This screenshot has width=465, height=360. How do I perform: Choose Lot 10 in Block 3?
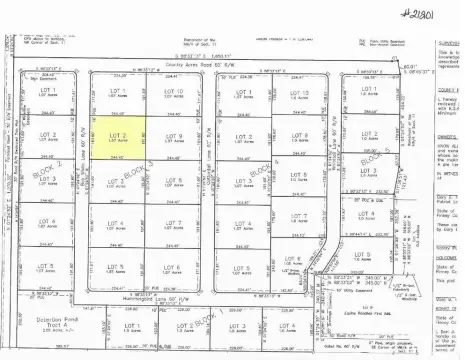click(x=172, y=93)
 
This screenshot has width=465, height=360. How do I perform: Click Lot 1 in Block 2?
click(x=47, y=93)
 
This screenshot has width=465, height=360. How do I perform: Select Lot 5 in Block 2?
click(x=47, y=268)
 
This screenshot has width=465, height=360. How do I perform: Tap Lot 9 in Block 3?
click(x=172, y=137)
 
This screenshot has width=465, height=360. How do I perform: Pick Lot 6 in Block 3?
click(x=172, y=268)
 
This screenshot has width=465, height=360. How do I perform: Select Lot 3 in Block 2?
click(x=47, y=180)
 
